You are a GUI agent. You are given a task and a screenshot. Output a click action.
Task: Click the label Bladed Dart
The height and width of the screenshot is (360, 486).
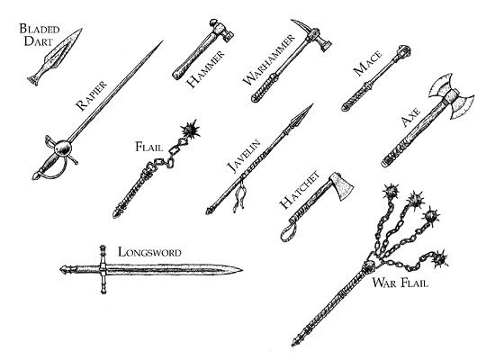click(x=40, y=35)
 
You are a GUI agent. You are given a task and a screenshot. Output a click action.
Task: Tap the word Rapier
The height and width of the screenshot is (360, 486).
click(x=92, y=95)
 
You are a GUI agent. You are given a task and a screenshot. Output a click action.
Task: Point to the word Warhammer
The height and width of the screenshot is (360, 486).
click(x=269, y=59)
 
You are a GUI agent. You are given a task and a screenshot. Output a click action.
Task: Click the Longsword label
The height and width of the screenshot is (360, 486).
click(x=149, y=252)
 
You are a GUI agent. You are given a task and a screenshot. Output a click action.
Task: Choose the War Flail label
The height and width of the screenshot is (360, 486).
click(x=400, y=283)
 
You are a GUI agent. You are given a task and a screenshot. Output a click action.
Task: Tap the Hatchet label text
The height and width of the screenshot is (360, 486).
click(x=299, y=190)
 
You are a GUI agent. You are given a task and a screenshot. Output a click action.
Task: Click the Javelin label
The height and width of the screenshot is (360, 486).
click(x=244, y=156)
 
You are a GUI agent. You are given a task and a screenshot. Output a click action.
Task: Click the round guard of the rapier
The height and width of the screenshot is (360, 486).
click(x=63, y=148)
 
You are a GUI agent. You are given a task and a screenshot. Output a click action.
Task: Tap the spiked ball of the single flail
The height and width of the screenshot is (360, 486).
click(x=190, y=130)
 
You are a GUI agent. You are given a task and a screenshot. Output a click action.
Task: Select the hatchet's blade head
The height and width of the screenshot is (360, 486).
click(x=340, y=185)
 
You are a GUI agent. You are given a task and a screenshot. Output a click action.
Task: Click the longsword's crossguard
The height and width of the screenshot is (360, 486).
click(x=103, y=269)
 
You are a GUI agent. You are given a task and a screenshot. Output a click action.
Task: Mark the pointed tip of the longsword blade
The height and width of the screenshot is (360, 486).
click(x=242, y=270)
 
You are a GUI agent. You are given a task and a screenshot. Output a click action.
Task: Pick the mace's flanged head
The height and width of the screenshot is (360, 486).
click(x=403, y=52)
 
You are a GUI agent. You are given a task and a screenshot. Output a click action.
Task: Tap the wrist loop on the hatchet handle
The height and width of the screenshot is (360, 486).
click(x=288, y=229)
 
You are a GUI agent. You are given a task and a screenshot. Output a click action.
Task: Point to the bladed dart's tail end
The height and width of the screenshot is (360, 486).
click(x=33, y=81)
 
